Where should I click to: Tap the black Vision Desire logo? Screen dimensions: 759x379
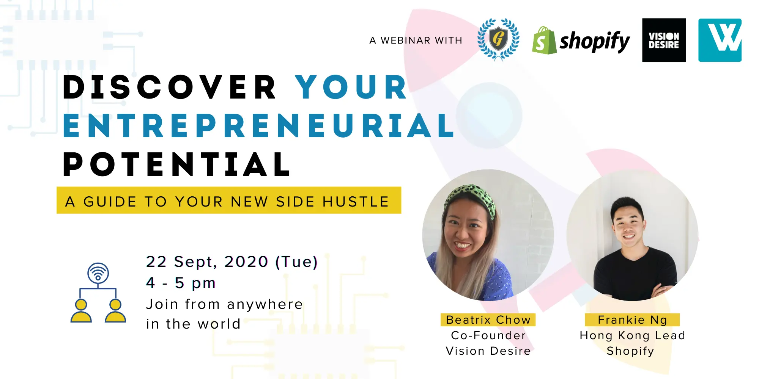664,40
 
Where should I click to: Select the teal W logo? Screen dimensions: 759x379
720,40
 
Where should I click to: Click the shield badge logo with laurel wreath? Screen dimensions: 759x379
498,39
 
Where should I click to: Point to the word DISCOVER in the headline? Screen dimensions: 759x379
170,87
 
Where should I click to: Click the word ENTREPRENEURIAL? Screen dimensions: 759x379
259,125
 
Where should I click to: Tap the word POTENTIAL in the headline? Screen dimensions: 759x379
177,164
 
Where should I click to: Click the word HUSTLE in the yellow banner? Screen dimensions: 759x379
356,202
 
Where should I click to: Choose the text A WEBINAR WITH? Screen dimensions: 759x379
416,40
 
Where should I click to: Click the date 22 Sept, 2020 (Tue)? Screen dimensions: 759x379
232,262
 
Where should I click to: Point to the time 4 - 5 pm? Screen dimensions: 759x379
181,283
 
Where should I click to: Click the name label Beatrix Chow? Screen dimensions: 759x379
488,320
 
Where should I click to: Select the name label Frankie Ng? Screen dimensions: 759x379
632,320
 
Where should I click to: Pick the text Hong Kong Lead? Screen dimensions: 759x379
633,336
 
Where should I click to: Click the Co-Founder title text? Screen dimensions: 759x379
488,335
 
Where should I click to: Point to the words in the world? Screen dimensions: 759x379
194,324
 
